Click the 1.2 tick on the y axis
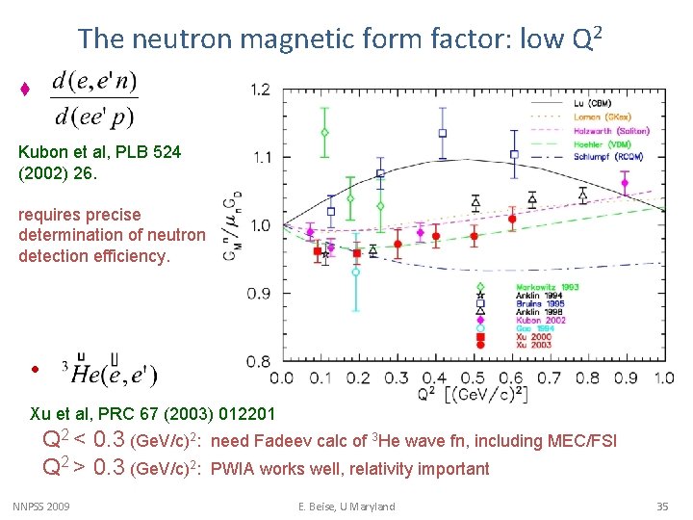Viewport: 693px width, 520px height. tap(260, 90)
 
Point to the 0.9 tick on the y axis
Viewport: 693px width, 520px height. tap(260, 294)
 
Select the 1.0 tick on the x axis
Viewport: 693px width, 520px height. tap(663, 378)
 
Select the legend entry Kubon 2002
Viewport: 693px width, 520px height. tap(540, 320)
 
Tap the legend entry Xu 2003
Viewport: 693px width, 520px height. tap(534, 344)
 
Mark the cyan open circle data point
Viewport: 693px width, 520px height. tap(355, 273)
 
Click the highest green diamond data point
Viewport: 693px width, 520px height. tap(325, 132)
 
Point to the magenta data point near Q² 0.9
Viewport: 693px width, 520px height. tap(625, 182)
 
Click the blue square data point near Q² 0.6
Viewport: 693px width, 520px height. tap(514, 154)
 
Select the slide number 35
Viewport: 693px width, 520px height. tap(661, 507)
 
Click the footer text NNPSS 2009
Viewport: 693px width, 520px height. tap(42, 507)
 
